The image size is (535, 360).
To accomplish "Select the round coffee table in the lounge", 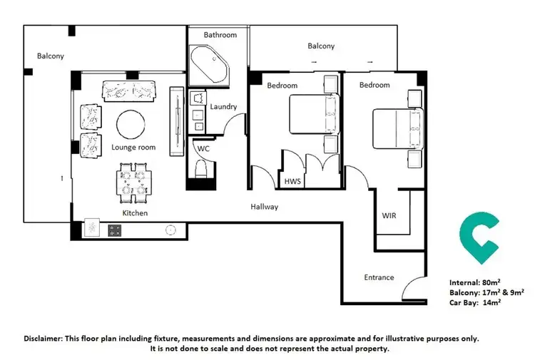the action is tap(132, 124).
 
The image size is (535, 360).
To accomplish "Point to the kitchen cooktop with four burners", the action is tap(116, 230).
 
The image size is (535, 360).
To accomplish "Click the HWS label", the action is tap(292, 182).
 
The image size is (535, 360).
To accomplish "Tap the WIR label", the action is tap(389, 215).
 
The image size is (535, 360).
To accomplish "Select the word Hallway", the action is tap(264, 207).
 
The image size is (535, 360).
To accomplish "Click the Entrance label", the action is tap(379, 277).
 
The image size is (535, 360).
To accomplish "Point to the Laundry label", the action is tap(224, 107).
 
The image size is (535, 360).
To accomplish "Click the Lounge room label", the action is tap(133, 148).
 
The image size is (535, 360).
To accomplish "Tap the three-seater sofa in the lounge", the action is tap(130, 91).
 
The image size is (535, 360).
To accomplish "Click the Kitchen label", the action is tap(135, 213).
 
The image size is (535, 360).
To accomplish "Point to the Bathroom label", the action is tap(220, 34).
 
